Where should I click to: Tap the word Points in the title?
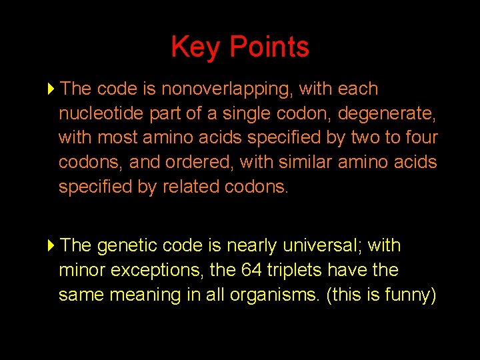pyautogui.click(x=269, y=47)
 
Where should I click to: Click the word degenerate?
pyautogui.click(x=385, y=113)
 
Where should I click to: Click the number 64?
pyautogui.click(x=263, y=271)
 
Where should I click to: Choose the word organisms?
pyautogui.click(x=269, y=295)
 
